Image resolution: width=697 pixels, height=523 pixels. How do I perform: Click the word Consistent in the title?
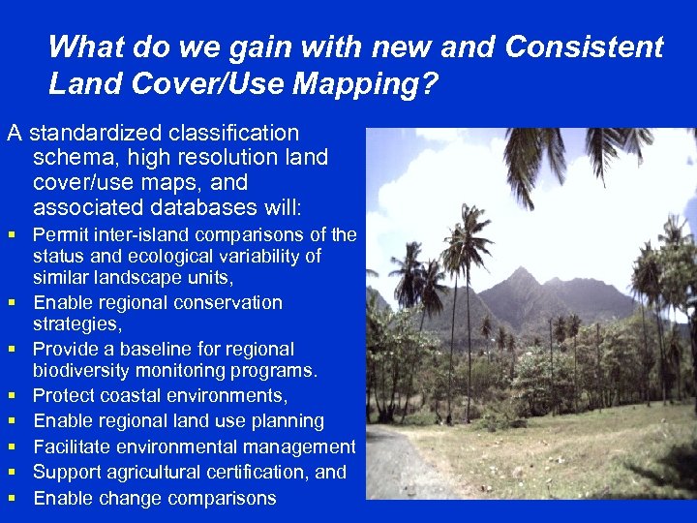pyautogui.click(x=586, y=46)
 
